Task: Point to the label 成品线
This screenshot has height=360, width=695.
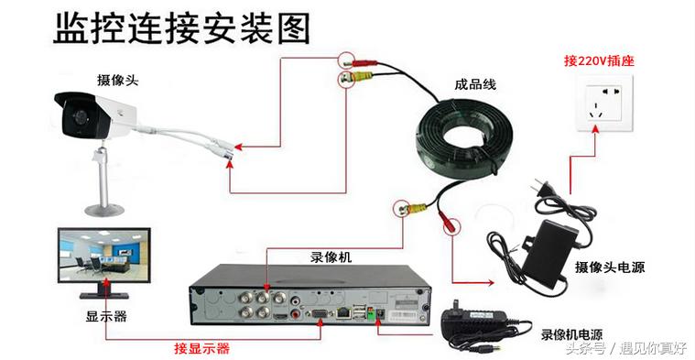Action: click(474, 84)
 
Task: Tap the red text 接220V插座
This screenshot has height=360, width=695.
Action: click(599, 62)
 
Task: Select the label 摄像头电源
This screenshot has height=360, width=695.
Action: click(609, 267)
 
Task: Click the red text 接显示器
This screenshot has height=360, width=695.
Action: click(201, 348)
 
